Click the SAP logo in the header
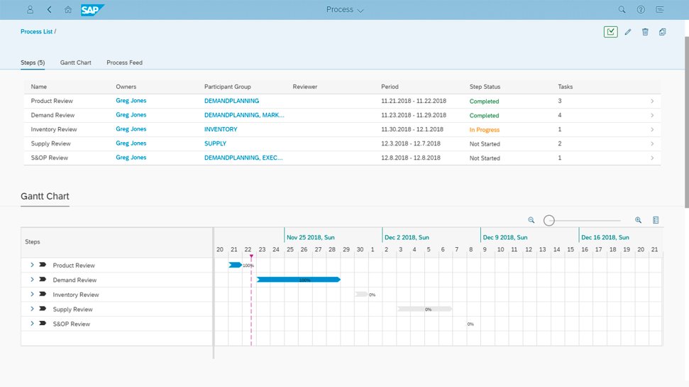tap(92, 10)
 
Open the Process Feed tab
tap(124, 62)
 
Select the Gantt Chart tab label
tap(76, 62)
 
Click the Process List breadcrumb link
tap(36, 32)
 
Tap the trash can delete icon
tap(645, 32)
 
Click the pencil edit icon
tap(628, 32)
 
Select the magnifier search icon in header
tap(622, 9)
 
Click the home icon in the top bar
tap(68, 9)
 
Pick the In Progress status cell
tap(484, 130)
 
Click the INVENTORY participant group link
tap(221, 129)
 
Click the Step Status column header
tap(485, 87)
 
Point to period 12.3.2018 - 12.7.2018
tap(410, 143)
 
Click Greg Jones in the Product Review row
tap(131, 101)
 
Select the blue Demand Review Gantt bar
tap(299, 280)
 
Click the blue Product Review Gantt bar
tap(235, 265)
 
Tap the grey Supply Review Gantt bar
tap(424, 309)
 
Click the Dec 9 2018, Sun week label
tap(505, 237)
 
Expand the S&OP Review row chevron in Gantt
tap(32, 324)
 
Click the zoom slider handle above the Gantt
tap(549, 220)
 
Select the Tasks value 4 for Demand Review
tap(560, 115)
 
